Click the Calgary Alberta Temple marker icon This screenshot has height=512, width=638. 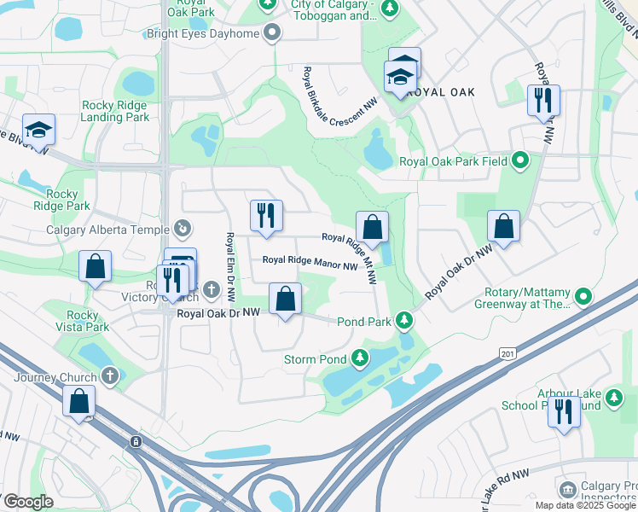point(182,228)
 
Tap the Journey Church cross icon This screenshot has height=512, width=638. point(109,375)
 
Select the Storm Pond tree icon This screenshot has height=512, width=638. point(360,359)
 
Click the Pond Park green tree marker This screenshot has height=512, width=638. point(405,322)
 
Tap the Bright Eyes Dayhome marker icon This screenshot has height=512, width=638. point(273,33)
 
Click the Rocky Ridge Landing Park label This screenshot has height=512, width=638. point(115,111)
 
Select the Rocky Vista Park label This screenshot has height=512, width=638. point(83,321)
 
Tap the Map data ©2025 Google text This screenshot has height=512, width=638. point(585,505)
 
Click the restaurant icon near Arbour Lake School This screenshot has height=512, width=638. point(564,413)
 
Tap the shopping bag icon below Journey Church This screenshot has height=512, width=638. point(79,401)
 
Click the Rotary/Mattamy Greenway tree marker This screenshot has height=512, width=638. point(583,297)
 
